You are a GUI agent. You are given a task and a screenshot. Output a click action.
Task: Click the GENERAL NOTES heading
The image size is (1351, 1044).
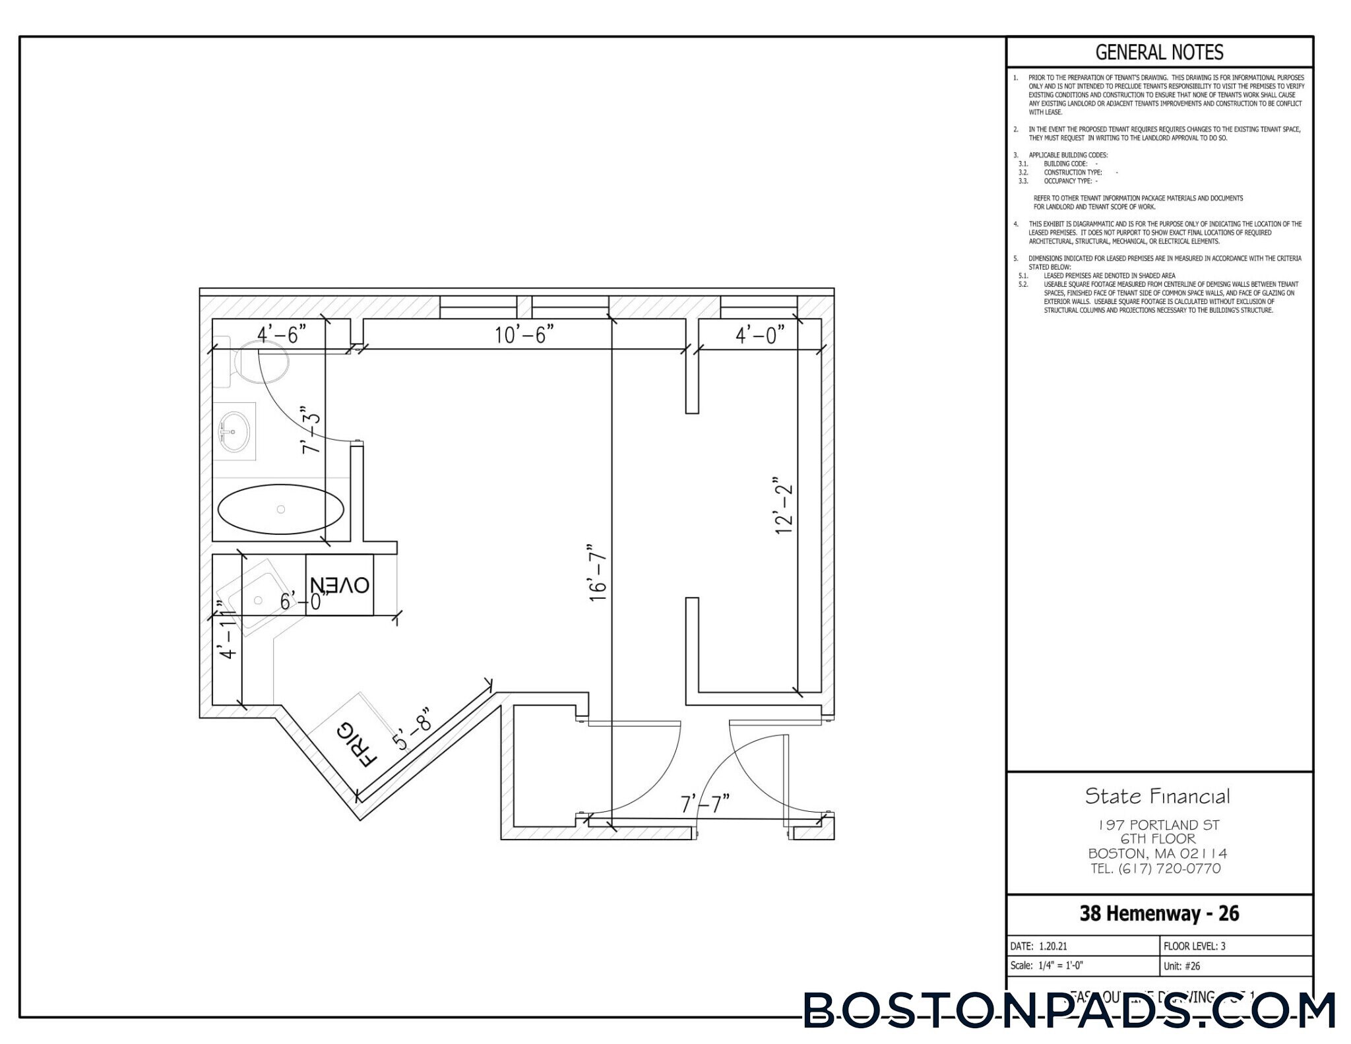coord(1159,52)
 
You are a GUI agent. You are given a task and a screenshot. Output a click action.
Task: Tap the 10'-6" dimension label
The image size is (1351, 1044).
coord(524,335)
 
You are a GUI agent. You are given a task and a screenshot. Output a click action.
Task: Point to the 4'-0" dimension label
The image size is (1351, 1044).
coord(760,336)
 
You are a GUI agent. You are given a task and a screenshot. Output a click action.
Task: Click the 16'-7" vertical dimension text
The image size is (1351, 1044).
coord(598,572)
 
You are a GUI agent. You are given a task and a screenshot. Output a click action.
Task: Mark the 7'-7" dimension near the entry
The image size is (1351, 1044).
coord(705,804)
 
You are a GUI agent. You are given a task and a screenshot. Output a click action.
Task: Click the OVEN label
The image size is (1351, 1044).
coord(340,585)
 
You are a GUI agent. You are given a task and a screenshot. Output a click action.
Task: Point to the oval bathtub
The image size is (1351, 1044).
coord(280,509)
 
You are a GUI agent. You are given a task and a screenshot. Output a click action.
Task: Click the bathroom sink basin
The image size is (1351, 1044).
coord(234,431)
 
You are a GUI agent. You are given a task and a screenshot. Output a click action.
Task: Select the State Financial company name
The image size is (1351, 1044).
coord(1158,796)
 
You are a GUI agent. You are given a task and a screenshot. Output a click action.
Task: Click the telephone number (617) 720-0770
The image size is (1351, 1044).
coord(1156,869)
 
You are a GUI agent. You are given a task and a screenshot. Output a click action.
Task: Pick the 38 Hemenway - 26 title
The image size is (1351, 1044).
coord(1159,913)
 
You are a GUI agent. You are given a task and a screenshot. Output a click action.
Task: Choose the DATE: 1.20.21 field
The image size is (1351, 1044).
coord(1038,946)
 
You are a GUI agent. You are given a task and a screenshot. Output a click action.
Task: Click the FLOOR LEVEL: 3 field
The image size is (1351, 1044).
coord(1194,946)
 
